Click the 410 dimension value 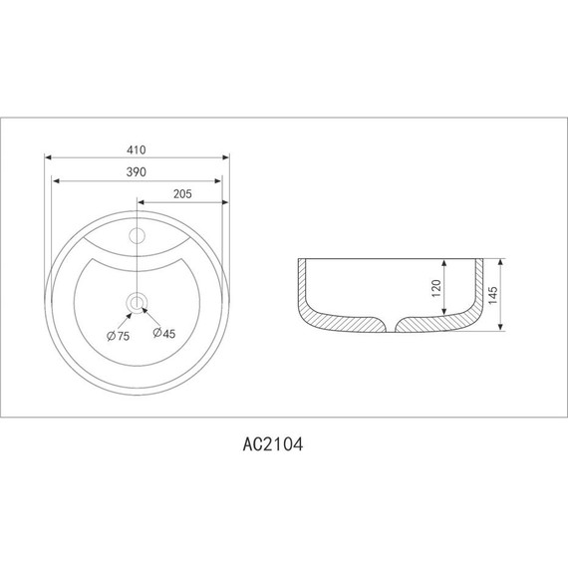[137, 149]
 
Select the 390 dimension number [137, 172]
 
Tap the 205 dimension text [182, 194]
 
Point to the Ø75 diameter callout [119, 336]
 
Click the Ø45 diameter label [164, 333]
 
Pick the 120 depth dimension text [436, 288]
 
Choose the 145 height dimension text [492, 295]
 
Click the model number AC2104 [273, 444]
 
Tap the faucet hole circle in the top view [138, 236]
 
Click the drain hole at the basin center [137, 303]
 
